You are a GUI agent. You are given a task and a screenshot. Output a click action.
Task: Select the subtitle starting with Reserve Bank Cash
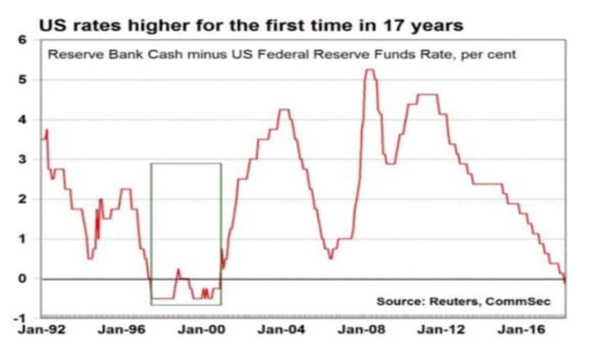tap(282, 54)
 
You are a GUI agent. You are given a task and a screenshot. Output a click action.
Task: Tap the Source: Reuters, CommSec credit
tap(464, 301)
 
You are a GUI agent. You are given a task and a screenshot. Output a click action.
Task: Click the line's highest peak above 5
tap(370, 70)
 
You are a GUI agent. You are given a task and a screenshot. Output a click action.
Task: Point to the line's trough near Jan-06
tap(331, 258)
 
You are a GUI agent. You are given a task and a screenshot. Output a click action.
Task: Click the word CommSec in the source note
tap(518, 301)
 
